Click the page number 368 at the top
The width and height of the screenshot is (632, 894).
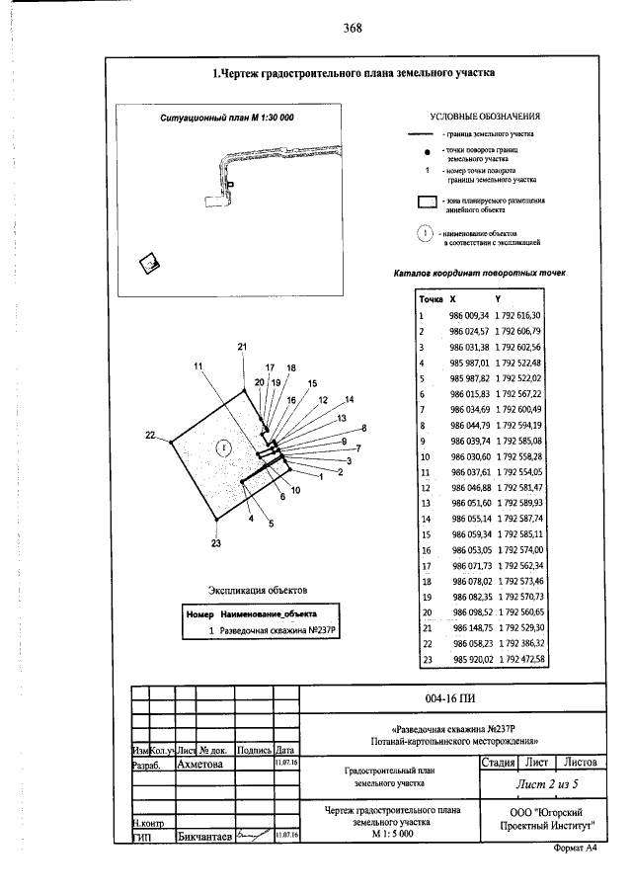(x=353, y=28)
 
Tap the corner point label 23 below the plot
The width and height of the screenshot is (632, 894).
(x=216, y=543)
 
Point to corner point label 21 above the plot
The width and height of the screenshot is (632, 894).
(x=242, y=347)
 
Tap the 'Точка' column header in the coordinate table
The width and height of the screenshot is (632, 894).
(x=431, y=297)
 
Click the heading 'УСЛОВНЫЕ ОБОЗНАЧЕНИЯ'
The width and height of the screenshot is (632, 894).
(x=485, y=116)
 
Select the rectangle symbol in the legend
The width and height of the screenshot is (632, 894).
(x=426, y=203)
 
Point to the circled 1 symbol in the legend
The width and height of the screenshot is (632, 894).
(x=426, y=234)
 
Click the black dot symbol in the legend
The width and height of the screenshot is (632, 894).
(x=426, y=152)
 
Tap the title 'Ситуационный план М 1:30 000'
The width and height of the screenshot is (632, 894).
(x=227, y=118)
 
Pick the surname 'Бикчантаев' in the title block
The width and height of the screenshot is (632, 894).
(x=203, y=837)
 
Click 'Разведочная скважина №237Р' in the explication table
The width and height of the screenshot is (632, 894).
(x=279, y=629)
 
